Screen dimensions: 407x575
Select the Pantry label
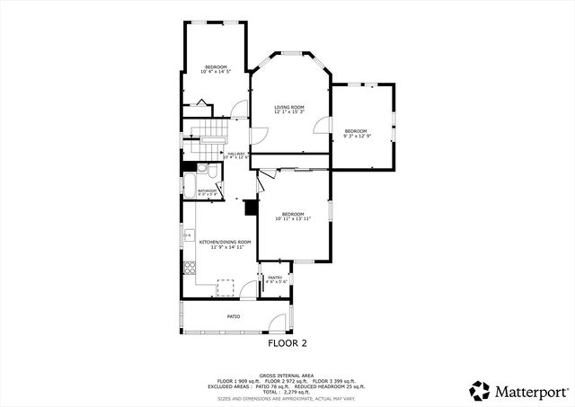pos(275,278)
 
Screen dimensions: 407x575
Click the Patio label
pos(233,316)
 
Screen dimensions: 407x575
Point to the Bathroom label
pos(208,190)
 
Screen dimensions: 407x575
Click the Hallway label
pos(236,154)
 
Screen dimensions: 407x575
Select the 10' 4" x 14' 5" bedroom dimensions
pos(216,73)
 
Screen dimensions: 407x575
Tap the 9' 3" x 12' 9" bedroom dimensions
pos(357,136)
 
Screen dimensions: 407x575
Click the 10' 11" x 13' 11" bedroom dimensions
pos(293,218)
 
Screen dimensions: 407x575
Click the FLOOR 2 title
pos(287,343)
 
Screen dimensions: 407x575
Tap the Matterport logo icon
pos(480,391)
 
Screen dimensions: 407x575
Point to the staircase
pos(213,136)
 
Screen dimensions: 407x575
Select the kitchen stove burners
pos(189,267)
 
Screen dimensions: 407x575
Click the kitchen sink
pos(188,237)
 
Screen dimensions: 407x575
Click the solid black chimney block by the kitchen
pos(252,208)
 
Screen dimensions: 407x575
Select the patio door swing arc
pos(279,322)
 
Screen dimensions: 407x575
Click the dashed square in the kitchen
pos(226,287)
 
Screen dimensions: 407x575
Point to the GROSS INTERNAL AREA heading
pos(287,375)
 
